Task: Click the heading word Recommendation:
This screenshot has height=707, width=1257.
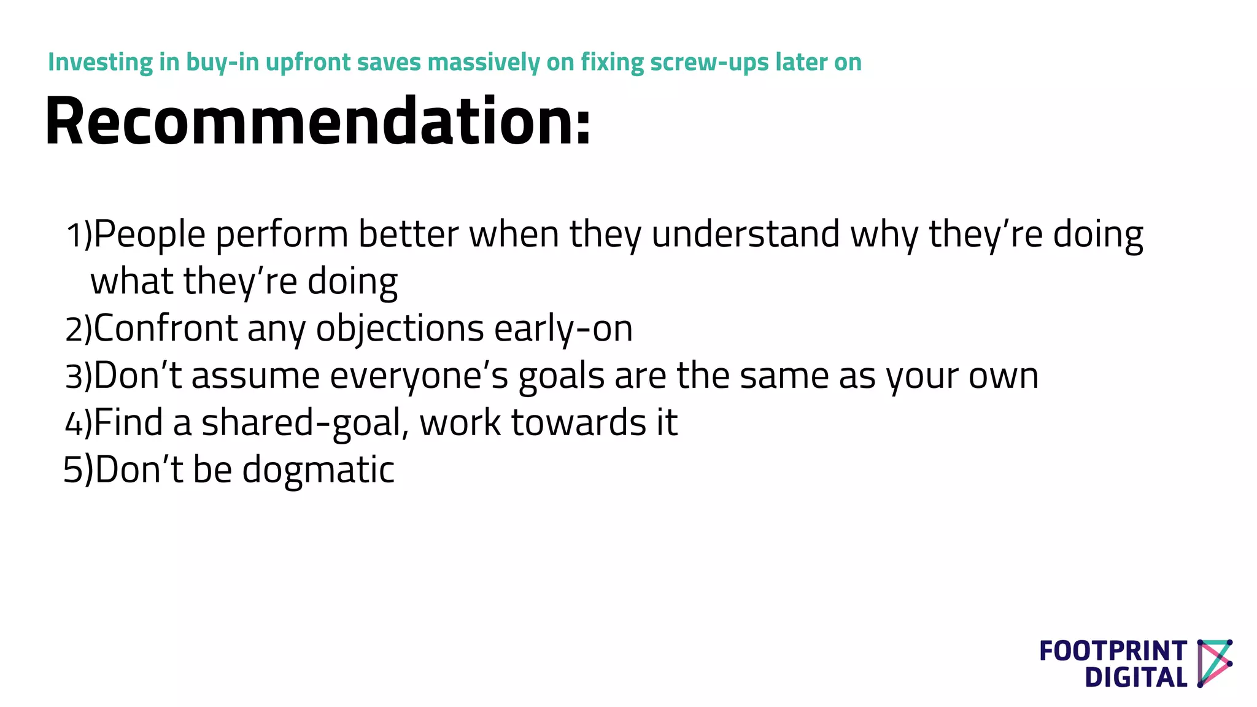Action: point(318,122)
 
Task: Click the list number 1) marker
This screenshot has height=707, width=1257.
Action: point(79,235)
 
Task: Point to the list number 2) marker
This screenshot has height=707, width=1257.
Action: point(79,329)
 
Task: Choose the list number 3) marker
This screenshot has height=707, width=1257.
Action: point(79,376)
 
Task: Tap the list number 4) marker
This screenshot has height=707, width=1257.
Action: point(79,423)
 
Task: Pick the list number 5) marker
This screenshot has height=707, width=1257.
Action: point(79,470)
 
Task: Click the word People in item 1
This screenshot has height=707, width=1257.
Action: point(150,235)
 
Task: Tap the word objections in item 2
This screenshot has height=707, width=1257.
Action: point(400,329)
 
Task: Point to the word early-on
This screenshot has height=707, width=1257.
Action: point(563,329)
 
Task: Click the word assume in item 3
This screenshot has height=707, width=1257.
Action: point(255,376)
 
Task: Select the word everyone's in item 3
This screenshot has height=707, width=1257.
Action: point(419,376)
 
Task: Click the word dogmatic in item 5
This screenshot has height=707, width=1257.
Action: point(318,470)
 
